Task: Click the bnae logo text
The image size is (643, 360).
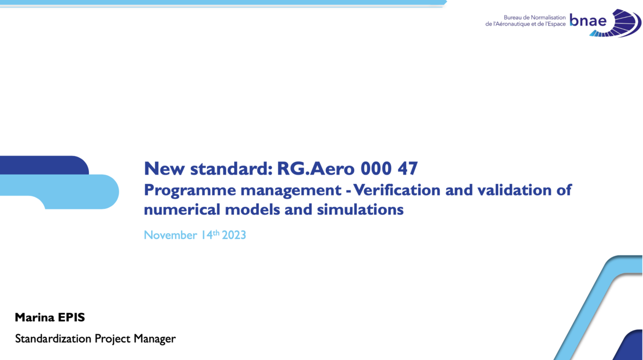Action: [588, 20]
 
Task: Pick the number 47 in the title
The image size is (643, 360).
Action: [407, 169]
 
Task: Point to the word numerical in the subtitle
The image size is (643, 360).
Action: [182, 209]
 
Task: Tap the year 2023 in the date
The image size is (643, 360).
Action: [234, 235]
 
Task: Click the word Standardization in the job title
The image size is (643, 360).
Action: [53, 339]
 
